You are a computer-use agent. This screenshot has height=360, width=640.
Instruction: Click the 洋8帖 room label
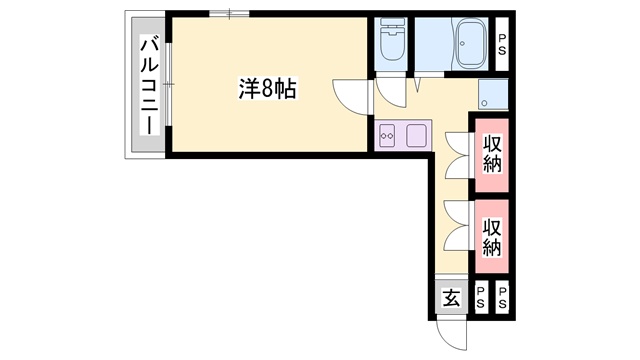pyautogui.click(x=267, y=88)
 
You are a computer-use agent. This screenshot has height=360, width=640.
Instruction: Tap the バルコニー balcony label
pyautogui.click(x=149, y=85)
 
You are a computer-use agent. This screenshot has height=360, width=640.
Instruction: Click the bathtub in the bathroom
pyautogui.click(x=471, y=44)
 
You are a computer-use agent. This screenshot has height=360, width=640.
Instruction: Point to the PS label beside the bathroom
pyautogui.click(x=502, y=44)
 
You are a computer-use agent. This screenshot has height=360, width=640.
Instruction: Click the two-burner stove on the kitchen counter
pyautogui.click(x=387, y=135)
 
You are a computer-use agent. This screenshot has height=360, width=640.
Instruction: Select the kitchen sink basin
pyautogui.click(x=417, y=135)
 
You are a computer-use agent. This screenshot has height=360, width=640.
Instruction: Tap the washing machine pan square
pyautogui.click(x=493, y=94)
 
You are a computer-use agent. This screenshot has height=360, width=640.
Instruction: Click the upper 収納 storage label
pyautogui.click(x=492, y=154)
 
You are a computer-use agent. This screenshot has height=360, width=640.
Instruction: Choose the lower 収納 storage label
pyautogui.click(x=492, y=237)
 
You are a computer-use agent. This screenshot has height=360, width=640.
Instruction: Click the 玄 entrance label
pyautogui.click(x=451, y=298)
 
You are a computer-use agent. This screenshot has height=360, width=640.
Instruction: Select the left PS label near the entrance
pyautogui.click(x=480, y=298)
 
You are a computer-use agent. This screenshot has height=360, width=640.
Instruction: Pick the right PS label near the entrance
pyautogui.click(x=502, y=298)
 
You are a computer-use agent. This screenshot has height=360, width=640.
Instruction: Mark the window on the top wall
pyautogui.click(x=229, y=13)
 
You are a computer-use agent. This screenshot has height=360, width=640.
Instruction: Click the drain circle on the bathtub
pyautogui.click(x=463, y=43)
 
